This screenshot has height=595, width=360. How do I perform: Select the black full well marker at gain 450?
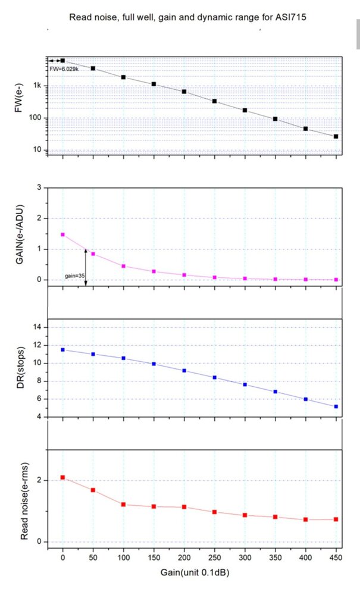336,136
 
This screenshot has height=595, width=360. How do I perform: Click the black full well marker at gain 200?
184,92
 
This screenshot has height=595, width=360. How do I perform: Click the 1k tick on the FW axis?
37,86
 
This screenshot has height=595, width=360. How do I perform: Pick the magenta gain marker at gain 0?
63,234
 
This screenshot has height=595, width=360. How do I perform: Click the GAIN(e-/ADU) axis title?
19,234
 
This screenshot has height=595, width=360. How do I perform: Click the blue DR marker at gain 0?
63,349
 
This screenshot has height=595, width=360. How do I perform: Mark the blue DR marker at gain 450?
336,406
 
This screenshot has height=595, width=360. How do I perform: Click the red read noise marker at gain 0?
63,478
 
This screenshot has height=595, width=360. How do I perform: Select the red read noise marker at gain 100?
124,505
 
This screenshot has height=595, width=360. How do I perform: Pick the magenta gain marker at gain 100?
124,266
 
